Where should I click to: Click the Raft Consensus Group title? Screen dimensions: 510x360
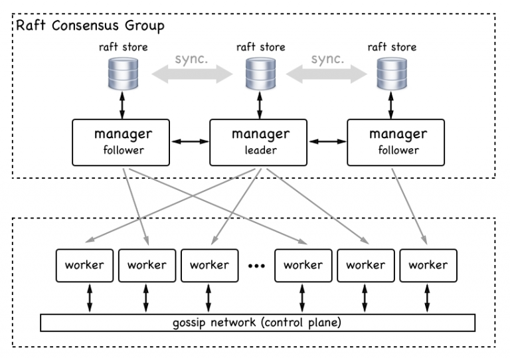[90, 26]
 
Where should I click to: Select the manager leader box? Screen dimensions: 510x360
[258, 142]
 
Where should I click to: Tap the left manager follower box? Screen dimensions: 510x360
[121, 142]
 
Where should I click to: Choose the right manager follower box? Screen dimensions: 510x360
[396, 142]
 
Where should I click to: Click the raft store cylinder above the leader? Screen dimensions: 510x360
[260, 74]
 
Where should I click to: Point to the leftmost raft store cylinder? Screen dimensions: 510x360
[123, 74]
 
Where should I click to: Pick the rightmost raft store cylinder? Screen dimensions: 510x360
[392, 74]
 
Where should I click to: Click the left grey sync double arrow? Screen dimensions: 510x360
[192, 74]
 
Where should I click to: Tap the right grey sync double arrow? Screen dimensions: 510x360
[327, 74]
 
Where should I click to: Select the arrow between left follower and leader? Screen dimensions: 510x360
[190, 141]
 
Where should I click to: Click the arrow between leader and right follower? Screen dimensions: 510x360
[327, 141]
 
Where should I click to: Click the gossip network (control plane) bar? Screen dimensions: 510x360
[258, 323]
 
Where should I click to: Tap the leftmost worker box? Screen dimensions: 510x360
[84, 266]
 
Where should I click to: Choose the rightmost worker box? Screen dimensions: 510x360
[428, 266]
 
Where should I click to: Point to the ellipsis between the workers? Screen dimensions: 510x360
[256, 266]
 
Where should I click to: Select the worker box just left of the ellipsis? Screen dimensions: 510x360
[209, 266]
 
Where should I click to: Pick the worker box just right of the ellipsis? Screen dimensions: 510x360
[303, 266]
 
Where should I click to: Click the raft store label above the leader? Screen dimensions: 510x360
[260, 47]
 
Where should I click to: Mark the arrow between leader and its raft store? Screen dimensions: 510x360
[260, 105]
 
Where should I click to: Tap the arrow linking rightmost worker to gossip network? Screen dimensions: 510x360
[427, 298]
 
